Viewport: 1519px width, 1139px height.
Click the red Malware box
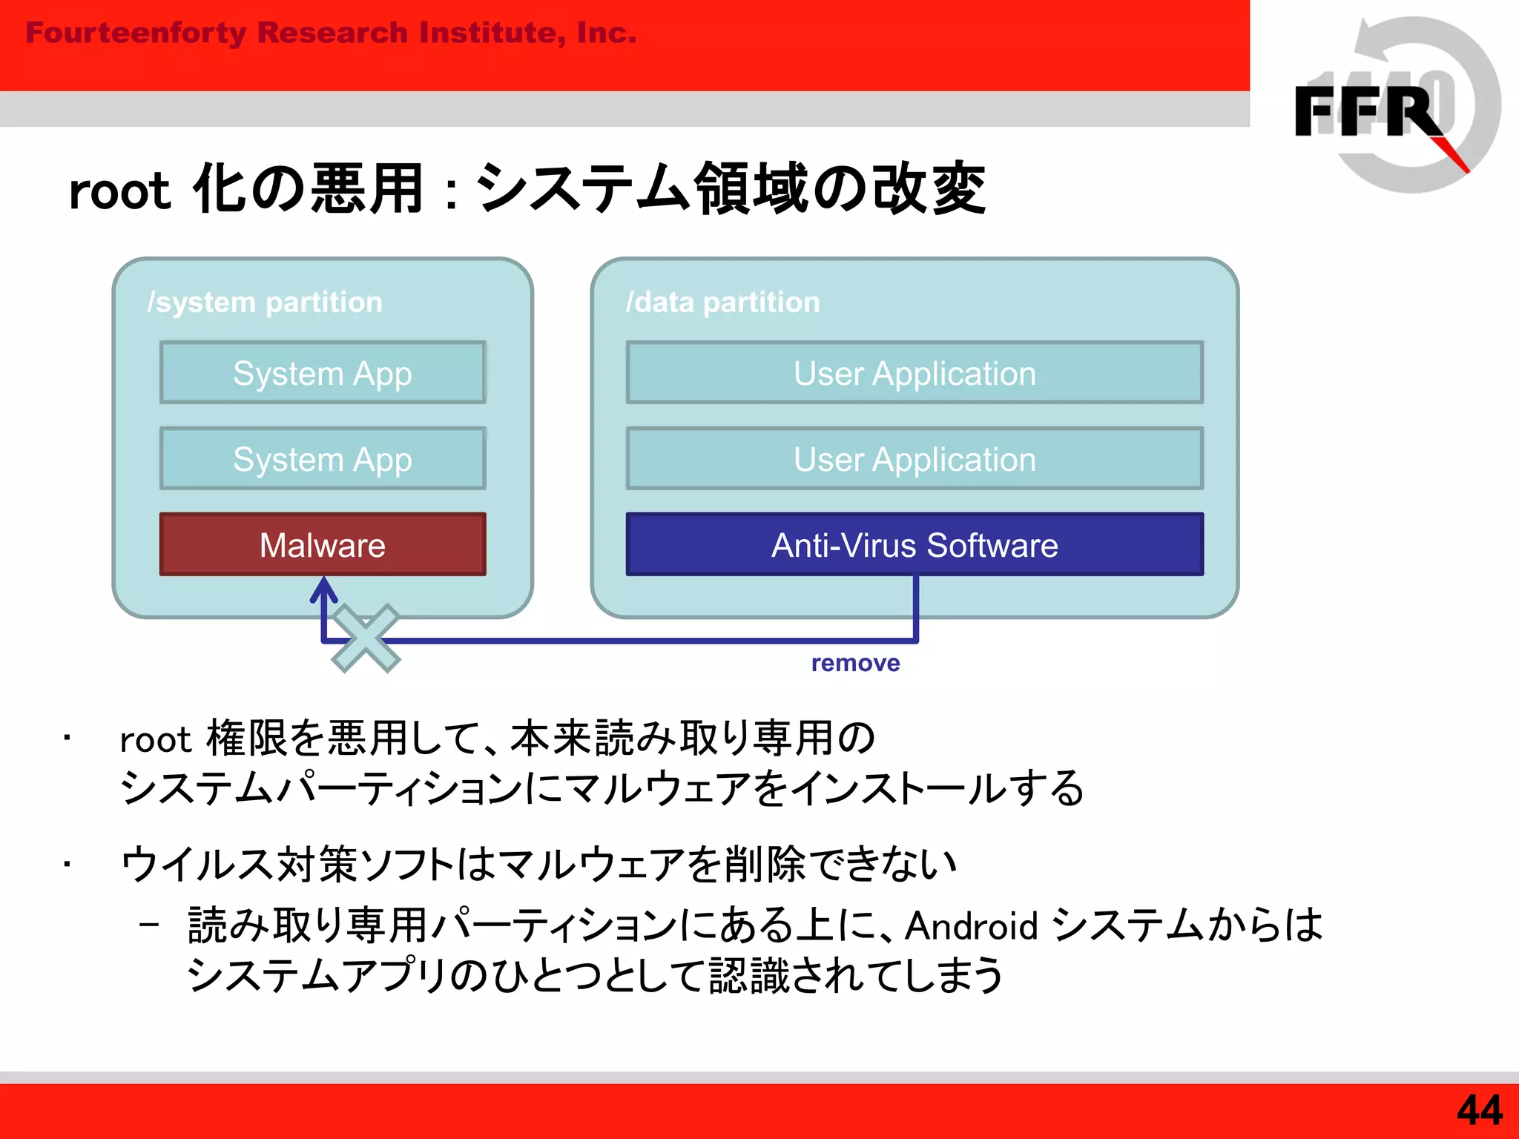coord(323,544)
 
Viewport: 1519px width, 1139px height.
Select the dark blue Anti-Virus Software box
coord(915,544)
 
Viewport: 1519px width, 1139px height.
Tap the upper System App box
coord(323,372)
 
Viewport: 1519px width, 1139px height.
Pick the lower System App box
coord(323,458)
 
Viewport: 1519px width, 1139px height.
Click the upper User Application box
coord(915,372)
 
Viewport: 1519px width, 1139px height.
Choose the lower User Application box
coord(915,458)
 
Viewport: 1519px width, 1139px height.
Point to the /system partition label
coord(265,302)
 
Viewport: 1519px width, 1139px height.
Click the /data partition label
coord(723,302)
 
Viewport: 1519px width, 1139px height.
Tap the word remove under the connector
coord(855,662)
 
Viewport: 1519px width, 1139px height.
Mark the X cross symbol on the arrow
coord(366,638)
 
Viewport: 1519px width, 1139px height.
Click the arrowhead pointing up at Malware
coord(323,590)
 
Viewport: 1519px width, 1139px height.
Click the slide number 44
coord(1479,1110)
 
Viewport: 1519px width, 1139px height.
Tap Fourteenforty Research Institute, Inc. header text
coord(331,33)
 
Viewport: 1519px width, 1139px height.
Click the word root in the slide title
coord(119,191)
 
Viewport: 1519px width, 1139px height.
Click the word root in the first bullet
coord(156,739)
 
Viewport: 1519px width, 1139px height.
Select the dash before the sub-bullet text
coord(149,924)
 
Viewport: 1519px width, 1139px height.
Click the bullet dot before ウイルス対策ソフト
coord(67,864)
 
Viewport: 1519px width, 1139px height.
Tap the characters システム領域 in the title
coord(642,188)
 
